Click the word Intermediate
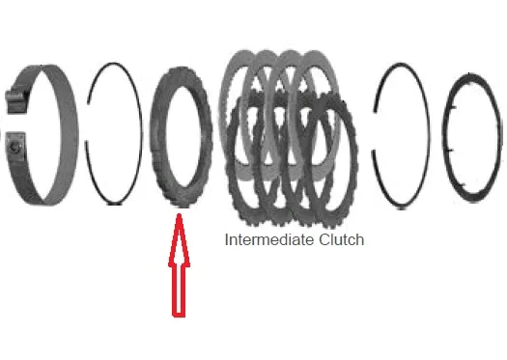pyautogui.click(x=269, y=239)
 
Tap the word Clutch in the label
pyautogui.click(x=342, y=239)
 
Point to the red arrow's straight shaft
pyautogui.click(x=179, y=291)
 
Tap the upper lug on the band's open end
pyautogui.click(x=15, y=100)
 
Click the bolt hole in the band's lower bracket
pyautogui.click(x=14, y=148)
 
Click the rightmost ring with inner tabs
pyautogui.click(x=498, y=136)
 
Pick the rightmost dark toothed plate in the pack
pyautogui.click(x=354, y=161)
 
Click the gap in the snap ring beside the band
pyautogui.click(x=87, y=123)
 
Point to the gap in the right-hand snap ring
pyautogui.click(x=374, y=131)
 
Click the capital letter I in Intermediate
pyautogui.click(x=226, y=239)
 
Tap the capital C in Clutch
pyautogui.click(x=324, y=239)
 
